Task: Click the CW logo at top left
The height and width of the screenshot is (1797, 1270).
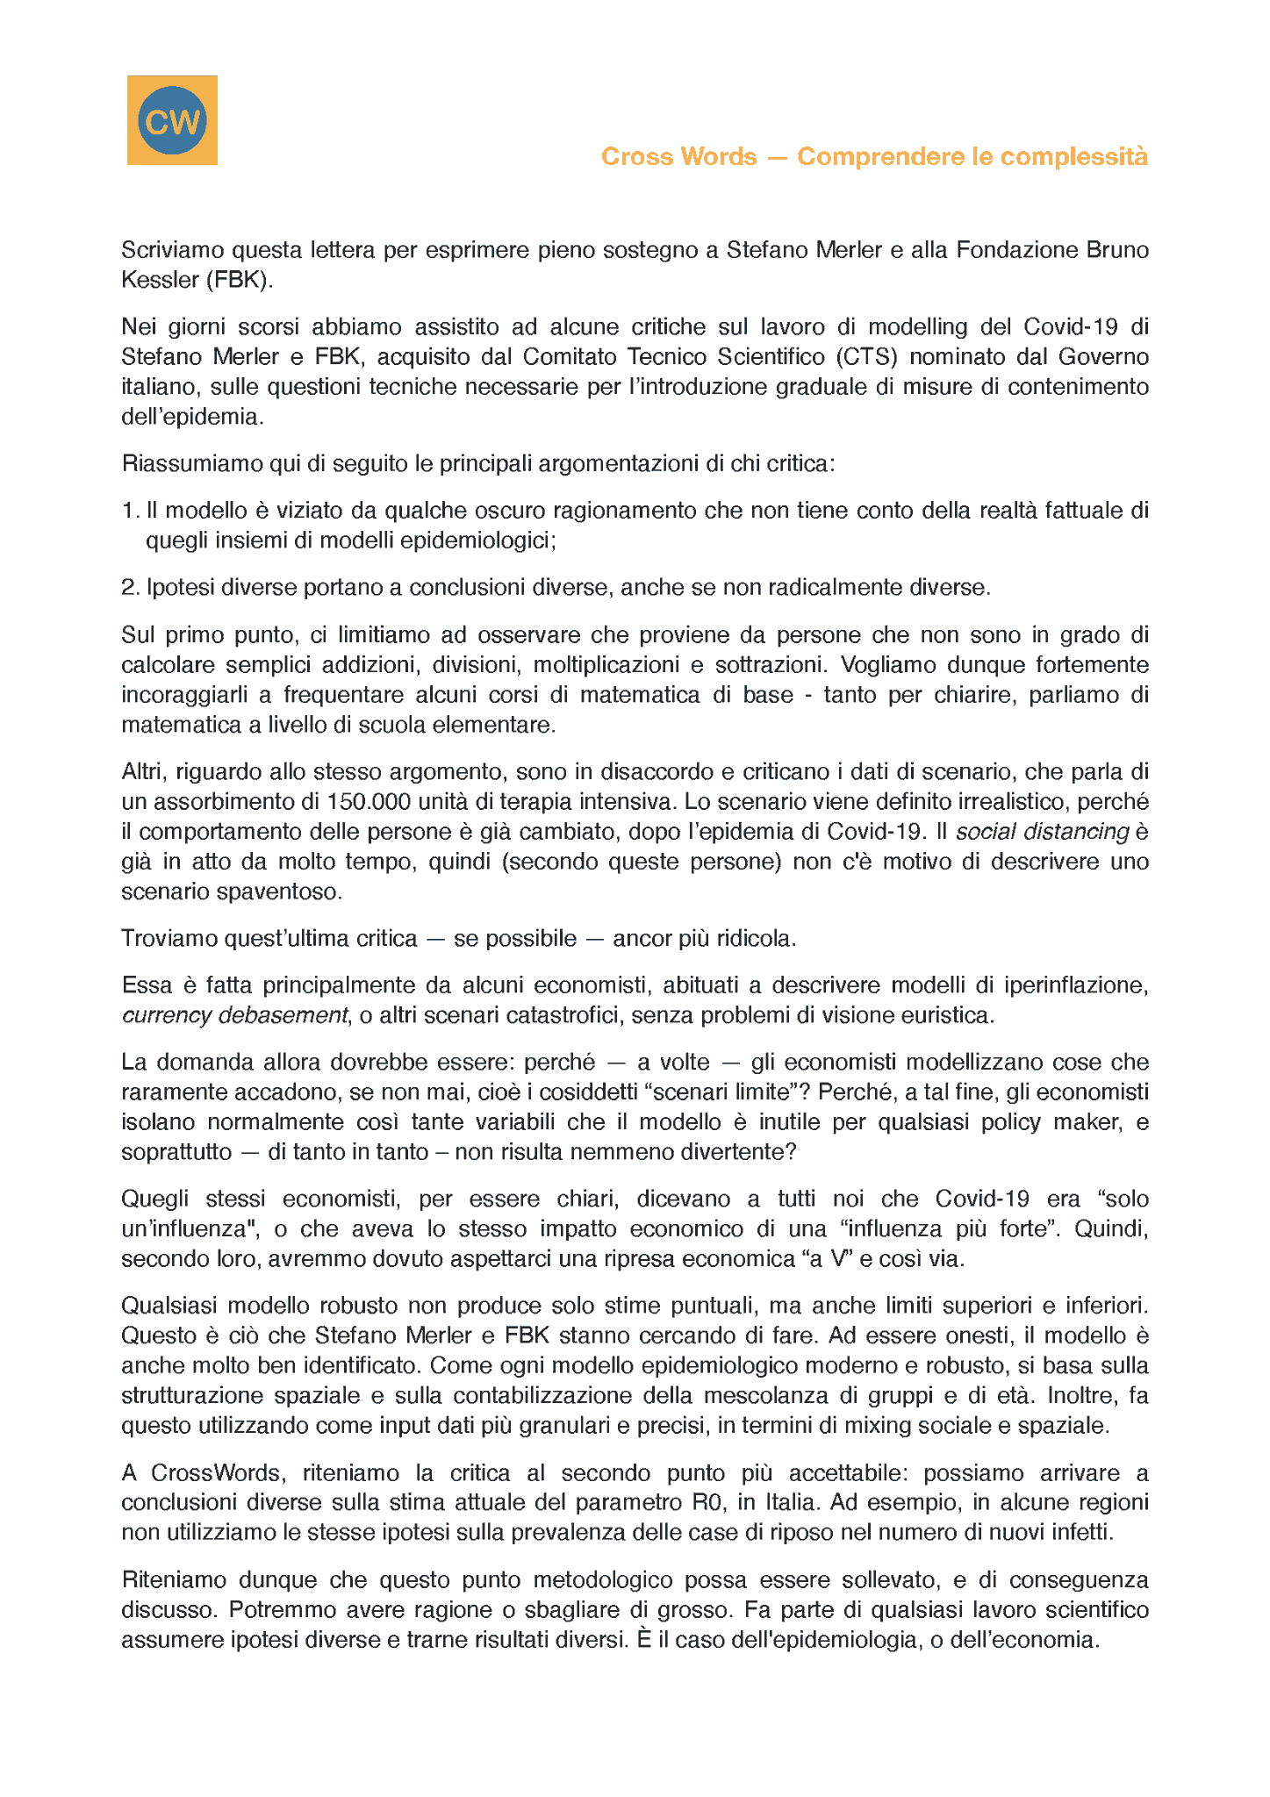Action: tap(172, 120)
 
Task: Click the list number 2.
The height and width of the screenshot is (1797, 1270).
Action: tap(130, 588)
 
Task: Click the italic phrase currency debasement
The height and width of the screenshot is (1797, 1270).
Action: tap(234, 1016)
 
